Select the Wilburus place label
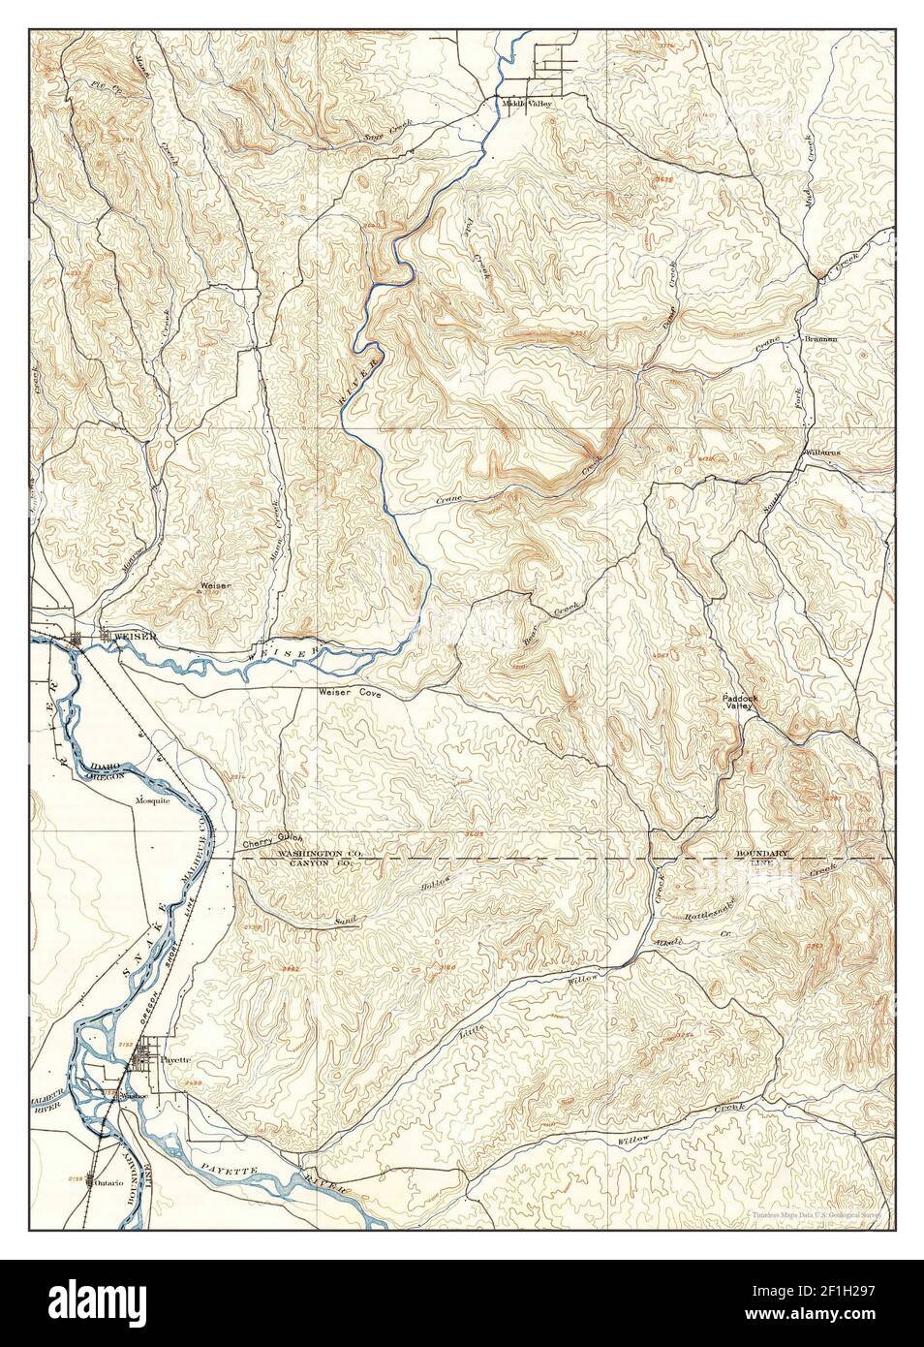pos(821,452)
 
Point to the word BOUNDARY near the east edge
pos(761,853)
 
